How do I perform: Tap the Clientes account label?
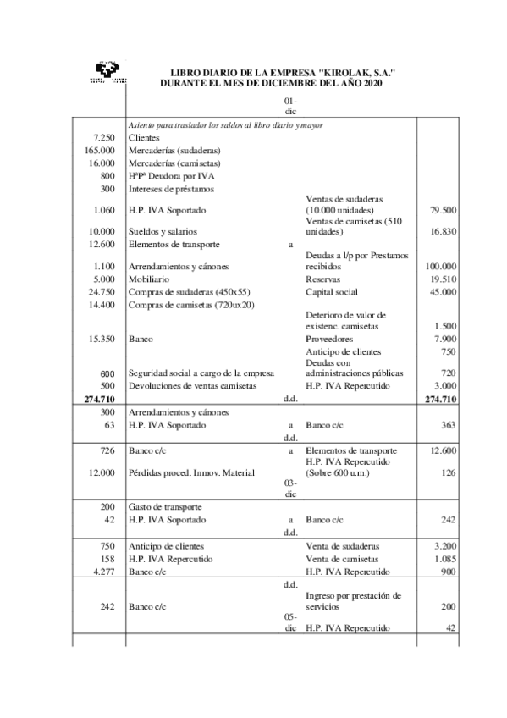point(144,137)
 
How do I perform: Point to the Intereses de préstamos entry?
point(171,188)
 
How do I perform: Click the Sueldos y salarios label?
point(163,231)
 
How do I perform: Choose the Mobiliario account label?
point(148,279)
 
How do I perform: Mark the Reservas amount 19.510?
point(443,279)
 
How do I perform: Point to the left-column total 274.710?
point(99,398)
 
